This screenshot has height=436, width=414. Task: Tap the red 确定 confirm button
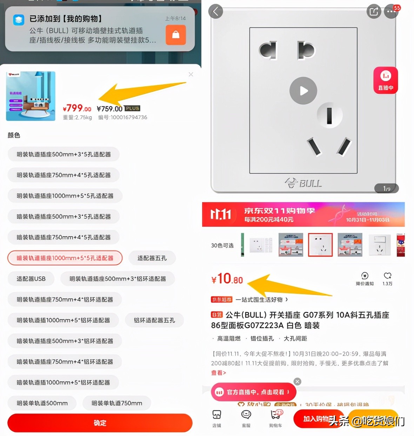pyautogui.click(x=100, y=423)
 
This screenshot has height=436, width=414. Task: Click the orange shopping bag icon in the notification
pyautogui.click(x=175, y=35)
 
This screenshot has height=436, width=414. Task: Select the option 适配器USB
pyautogui.click(x=31, y=279)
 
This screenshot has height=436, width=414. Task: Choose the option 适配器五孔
pyautogui.click(x=152, y=258)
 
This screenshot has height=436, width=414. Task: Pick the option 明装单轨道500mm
pyautogui.click(x=42, y=403)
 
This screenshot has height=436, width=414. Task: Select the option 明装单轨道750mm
pyautogui.click(x=116, y=403)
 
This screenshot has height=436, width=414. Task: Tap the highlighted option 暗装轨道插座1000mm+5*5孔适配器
pyautogui.click(x=65, y=258)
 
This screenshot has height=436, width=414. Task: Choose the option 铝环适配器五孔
pyautogui.click(x=154, y=320)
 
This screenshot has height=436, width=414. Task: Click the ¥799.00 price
pyautogui.click(x=77, y=108)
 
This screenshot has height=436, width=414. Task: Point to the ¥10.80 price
pyautogui.click(x=227, y=279)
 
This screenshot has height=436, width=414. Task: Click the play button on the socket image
pyautogui.click(x=303, y=91)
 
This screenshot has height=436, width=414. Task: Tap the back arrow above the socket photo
pyautogui.click(x=215, y=12)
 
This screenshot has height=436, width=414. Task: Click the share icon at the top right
pyautogui.click(x=374, y=12)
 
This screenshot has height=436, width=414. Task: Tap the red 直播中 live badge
pyautogui.click(x=386, y=80)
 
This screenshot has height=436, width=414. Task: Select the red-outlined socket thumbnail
pyautogui.click(x=320, y=245)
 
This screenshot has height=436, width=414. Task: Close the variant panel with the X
pyautogui.click(x=191, y=74)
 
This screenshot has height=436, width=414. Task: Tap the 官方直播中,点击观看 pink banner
pyautogui.click(x=253, y=392)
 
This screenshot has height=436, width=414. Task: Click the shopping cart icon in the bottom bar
pyautogui.click(x=276, y=416)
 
